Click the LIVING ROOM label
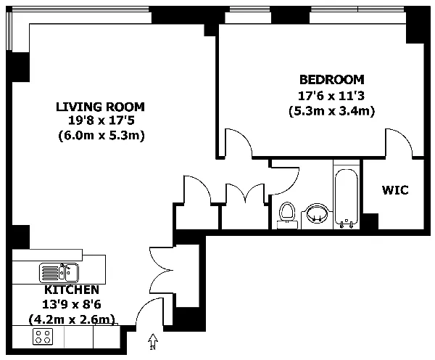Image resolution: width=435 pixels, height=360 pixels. coord(101,107)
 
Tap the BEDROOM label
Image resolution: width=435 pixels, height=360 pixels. coord(332,80)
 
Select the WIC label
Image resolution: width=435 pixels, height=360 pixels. coord(395,190)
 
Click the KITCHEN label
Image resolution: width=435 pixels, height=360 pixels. coord(72,290)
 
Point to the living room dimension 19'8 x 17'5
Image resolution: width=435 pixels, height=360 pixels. coord(101,120)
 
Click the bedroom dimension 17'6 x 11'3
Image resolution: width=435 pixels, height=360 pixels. coord(331,96)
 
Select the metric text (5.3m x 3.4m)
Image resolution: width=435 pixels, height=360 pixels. coord(332,111)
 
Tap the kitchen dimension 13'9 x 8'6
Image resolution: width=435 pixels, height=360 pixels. coord(72,304)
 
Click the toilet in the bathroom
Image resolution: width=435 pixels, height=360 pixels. coord(287,216)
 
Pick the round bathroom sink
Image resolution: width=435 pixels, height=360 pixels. coord(317,213)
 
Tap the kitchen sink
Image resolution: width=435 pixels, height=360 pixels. coord(59,272)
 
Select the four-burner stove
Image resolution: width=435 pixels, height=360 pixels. coord(43,337)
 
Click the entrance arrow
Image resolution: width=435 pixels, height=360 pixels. coord(153,341)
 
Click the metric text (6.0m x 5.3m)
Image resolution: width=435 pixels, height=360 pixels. coord(101,136)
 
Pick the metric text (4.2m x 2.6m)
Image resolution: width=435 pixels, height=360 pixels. coord(72,319)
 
